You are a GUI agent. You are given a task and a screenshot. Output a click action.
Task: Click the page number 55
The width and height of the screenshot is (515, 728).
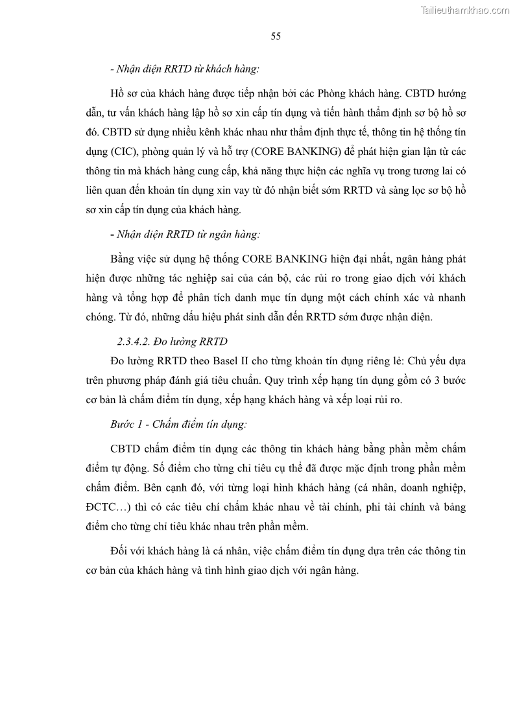pyautogui.click(x=276, y=36)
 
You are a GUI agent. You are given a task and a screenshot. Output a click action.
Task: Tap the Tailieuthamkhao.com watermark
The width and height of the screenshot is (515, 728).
pyautogui.click(x=465, y=10)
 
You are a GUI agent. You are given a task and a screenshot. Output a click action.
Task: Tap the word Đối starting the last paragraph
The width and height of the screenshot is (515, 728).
pyautogui.click(x=121, y=551)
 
